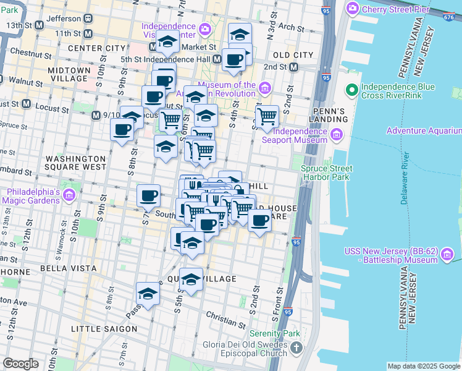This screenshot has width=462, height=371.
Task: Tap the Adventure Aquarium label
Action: pyautogui.click(x=424, y=130)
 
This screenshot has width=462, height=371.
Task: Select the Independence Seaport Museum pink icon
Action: pyautogui.click(x=337, y=134)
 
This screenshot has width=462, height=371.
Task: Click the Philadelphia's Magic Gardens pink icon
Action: pyautogui.click(x=69, y=196)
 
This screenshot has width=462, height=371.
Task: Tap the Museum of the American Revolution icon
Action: pyautogui.click(x=266, y=87)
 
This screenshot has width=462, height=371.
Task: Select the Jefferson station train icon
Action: pyautogui.click(x=89, y=19)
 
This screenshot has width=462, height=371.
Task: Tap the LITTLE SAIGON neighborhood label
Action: pyautogui.click(x=103, y=328)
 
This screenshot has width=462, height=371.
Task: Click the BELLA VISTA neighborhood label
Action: pyautogui.click(x=68, y=268)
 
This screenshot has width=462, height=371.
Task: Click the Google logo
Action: pyautogui.click(x=22, y=363)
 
